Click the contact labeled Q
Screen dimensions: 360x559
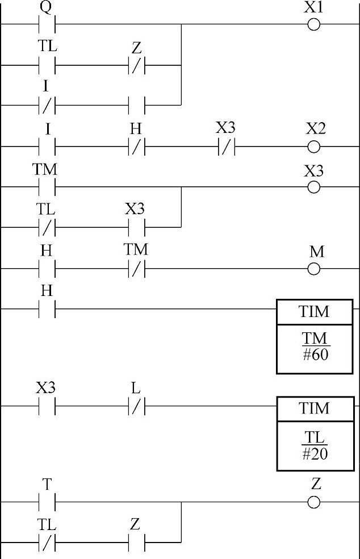coord(47,25)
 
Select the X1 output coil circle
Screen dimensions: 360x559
coord(313,25)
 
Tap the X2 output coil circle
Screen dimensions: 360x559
coord(313,147)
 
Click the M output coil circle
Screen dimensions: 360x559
coord(313,269)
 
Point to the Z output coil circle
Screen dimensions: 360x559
coord(313,502)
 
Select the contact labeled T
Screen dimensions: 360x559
coord(47,502)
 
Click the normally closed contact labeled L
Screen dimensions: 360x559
coord(136,406)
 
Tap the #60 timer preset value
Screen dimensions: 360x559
coord(315,355)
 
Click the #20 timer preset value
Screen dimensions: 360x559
coord(315,454)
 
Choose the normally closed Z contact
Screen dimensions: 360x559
coord(136,66)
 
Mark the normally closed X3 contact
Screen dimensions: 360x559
coord(226,147)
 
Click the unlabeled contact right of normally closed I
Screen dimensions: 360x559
coord(136,106)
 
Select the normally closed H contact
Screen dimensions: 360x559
coord(136,147)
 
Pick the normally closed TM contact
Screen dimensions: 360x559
coord(136,269)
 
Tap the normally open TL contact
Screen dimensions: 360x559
coord(47,66)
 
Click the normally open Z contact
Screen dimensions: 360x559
coord(136,543)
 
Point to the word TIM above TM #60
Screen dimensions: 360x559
coord(315,312)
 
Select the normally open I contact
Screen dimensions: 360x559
coord(47,147)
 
